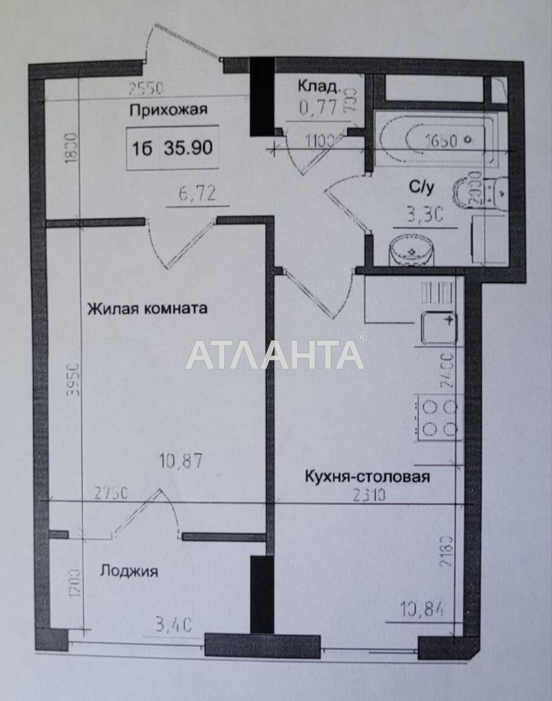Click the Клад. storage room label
point(317,86)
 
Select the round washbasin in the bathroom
point(413,250)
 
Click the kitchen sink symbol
point(439,326)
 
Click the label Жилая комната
point(147,308)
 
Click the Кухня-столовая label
point(368,477)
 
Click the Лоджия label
point(129,571)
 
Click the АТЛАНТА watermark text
point(275,355)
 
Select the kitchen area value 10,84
point(422,609)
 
